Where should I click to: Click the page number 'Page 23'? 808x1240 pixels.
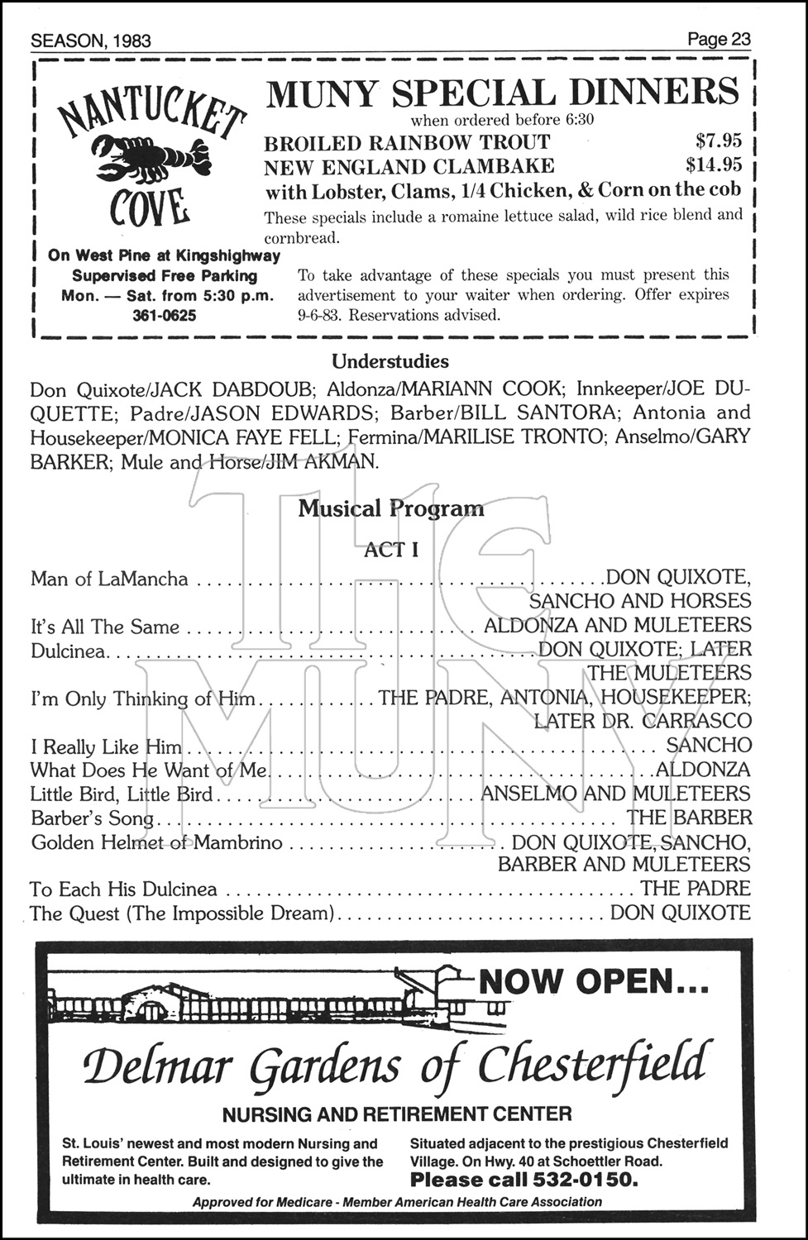pos(718,39)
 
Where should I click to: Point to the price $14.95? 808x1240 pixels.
pos(714,165)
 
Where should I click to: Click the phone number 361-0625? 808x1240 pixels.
pos(164,315)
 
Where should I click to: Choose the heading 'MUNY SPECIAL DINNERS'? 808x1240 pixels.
pos(501,92)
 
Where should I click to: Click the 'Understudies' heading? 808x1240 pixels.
pos(390,361)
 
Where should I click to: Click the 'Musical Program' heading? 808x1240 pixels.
pos(390,508)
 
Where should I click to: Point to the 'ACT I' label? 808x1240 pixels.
pos(391,550)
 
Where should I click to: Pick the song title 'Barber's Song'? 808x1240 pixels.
pos(92,818)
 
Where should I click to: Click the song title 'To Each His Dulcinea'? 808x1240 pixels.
pos(123,889)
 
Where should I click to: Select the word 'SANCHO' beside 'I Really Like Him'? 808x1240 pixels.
pos(709,746)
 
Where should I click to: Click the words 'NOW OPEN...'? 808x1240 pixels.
pos(593,981)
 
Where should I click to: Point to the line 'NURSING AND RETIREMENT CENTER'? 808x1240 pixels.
pos(396,1114)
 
